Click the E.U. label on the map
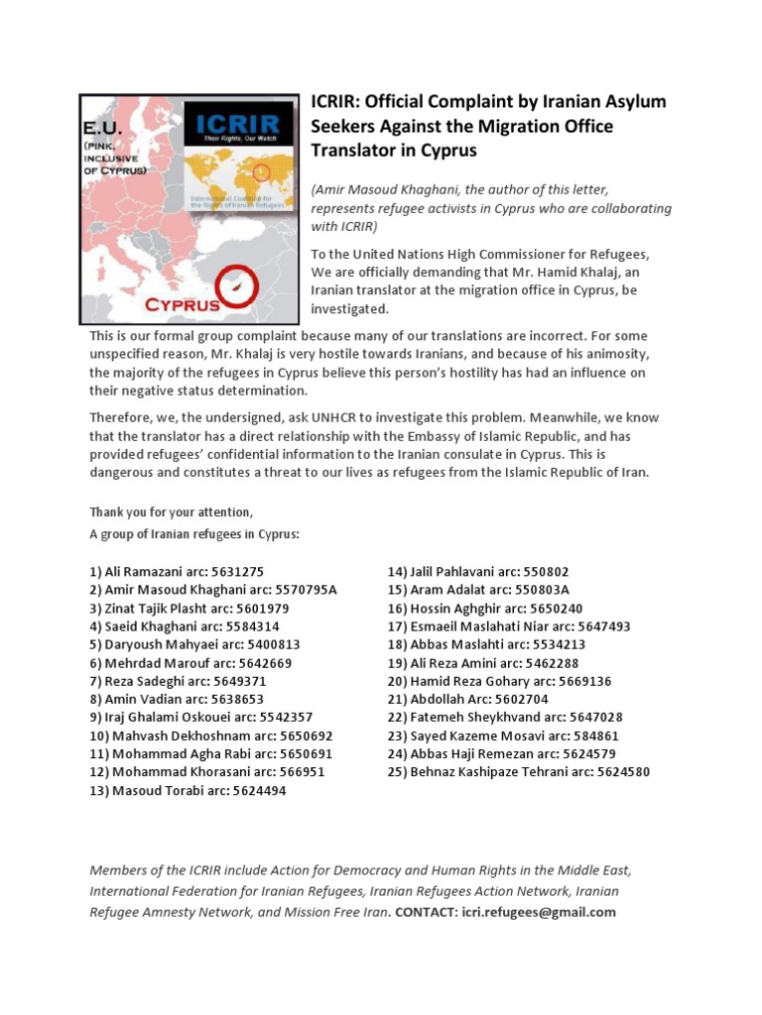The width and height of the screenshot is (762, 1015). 109,129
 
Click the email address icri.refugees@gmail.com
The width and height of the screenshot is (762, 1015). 539,913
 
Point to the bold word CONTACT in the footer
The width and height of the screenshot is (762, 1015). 426,913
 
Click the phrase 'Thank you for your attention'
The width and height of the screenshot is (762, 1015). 171,512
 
